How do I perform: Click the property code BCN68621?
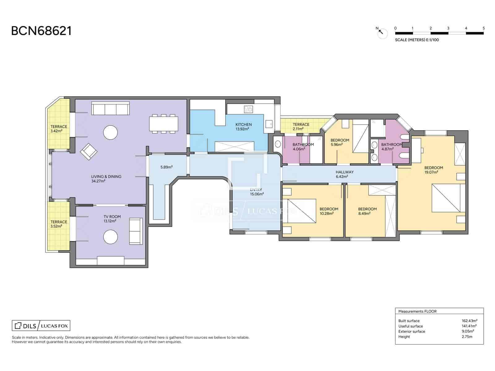click(41, 31)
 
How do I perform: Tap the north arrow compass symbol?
click(382, 32)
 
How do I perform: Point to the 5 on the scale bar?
click(483, 28)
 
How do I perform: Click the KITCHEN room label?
click(243, 125)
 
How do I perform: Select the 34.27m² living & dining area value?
click(98, 181)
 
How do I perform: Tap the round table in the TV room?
click(110, 237)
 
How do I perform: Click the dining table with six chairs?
click(164, 124)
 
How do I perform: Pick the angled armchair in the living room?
click(89, 151)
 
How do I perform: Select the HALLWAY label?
click(344, 172)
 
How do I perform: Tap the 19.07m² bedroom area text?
click(431, 172)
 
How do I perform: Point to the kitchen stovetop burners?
click(248, 109)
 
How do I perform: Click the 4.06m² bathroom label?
click(299, 149)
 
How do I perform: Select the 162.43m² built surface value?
click(469, 321)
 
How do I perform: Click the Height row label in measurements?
click(404, 337)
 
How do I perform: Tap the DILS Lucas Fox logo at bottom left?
click(41, 326)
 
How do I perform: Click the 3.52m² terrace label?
click(56, 226)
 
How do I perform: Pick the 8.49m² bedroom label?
click(364, 213)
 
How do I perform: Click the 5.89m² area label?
click(166, 167)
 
